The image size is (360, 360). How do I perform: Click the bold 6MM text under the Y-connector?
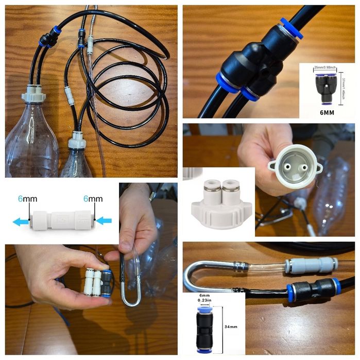tap(327, 111)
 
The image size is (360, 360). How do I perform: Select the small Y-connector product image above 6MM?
tap(325, 85)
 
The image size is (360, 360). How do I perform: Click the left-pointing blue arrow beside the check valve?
tap(21, 221)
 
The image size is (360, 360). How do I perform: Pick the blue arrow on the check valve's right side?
tap(104, 221)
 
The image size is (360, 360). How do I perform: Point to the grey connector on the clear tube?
tap(313, 265)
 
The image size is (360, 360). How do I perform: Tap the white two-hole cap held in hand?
tap(292, 165)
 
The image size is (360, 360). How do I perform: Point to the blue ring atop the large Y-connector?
tap(290, 28)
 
